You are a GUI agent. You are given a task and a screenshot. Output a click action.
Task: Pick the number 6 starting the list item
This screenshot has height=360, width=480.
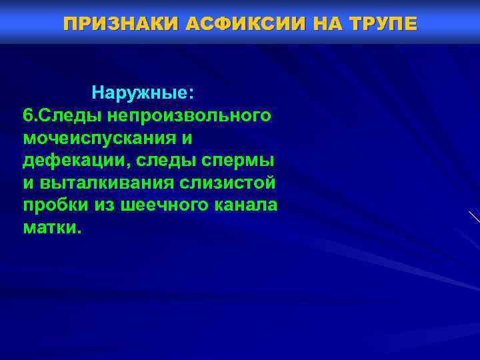pyautogui.click(x=27, y=115)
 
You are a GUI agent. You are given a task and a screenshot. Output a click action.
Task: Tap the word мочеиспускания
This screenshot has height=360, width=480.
pyautogui.click(x=100, y=137)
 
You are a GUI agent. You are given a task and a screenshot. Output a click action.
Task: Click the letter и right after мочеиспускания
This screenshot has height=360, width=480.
pyautogui.click(x=187, y=137)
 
